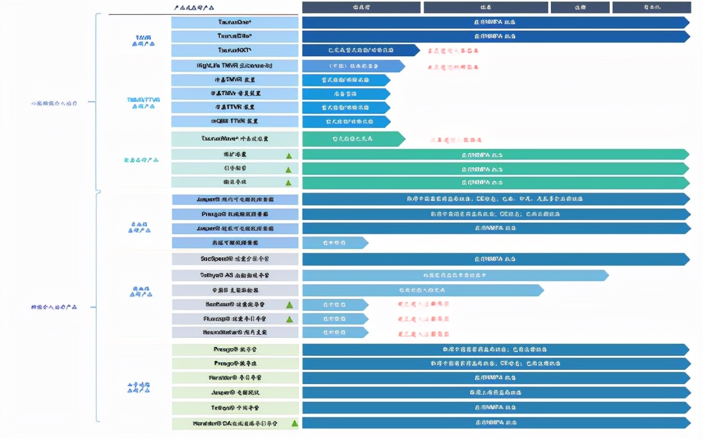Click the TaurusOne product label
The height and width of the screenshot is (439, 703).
tap(235, 22)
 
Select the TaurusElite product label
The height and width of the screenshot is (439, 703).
tap(235, 36)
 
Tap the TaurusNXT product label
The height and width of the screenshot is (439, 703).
tap(235, 50)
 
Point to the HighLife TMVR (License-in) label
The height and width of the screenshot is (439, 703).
tap(235, 66)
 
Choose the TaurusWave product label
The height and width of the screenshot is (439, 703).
tap(235, 138)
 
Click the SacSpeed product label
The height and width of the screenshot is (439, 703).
tap(235, 259)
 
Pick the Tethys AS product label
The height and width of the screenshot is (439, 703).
tap(235, 275)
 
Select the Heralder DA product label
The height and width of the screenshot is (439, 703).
tap(235, 423)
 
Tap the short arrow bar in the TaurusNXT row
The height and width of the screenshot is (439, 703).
tap(360, 50)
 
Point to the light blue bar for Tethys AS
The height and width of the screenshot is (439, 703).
tap(454, 275)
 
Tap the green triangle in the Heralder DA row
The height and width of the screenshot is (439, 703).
tap(295, 423)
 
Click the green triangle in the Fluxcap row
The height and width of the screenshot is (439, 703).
tap(289, 319)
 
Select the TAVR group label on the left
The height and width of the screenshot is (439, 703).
tap(143, 40)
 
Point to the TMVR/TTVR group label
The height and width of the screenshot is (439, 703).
tap(143, 103)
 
